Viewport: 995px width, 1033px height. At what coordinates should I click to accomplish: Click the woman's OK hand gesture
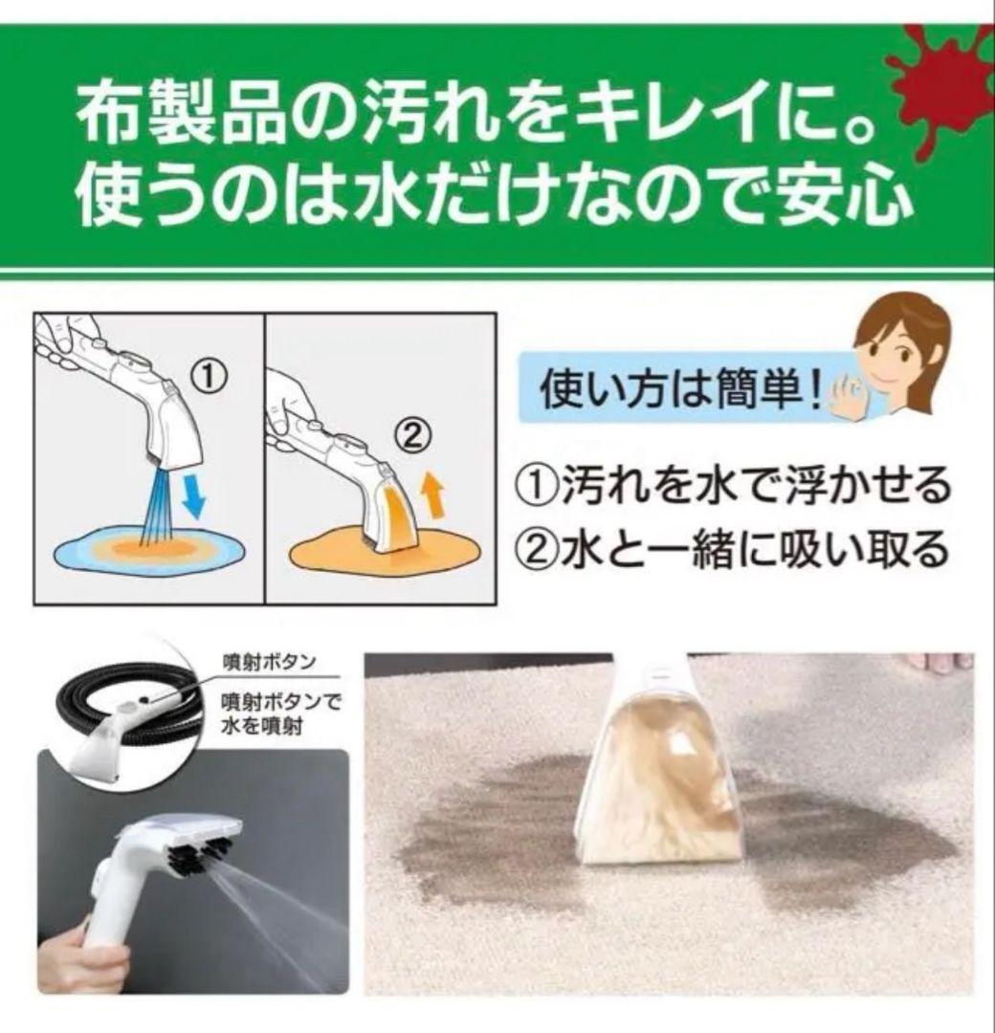(849, 399)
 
